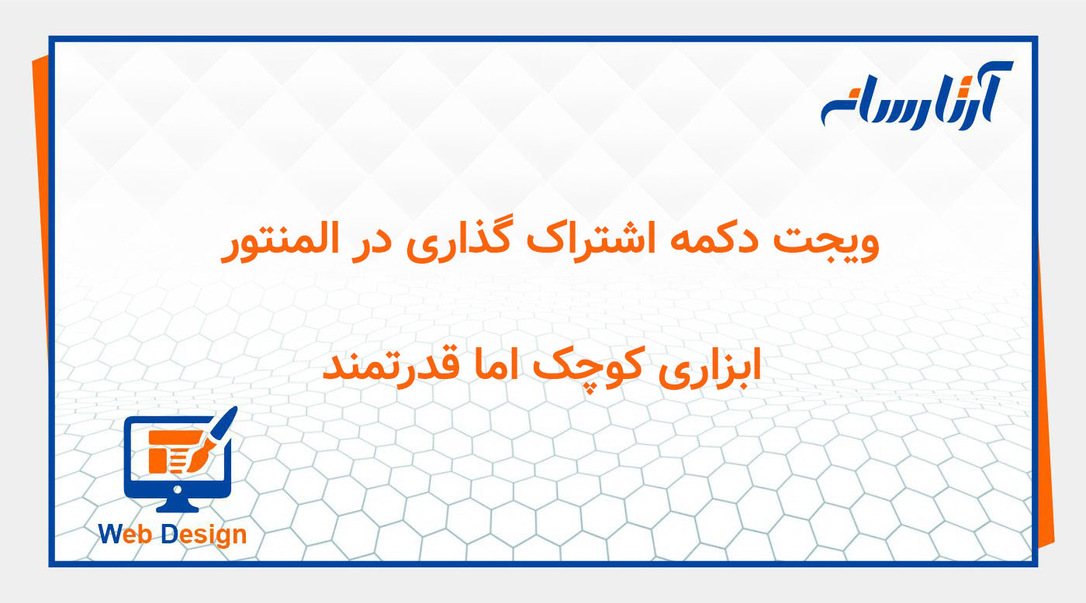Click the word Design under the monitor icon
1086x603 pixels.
(204, 535)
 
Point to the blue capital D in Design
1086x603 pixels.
(170, 534)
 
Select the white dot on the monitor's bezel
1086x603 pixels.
(178, 490)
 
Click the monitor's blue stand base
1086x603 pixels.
(178, 507)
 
